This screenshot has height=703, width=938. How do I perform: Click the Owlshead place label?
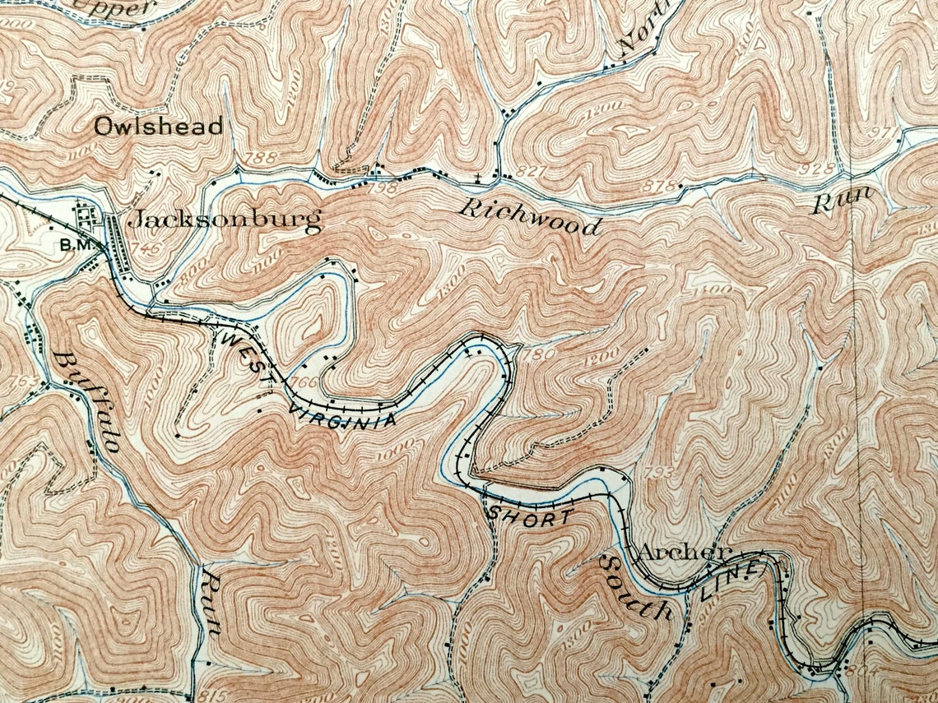tap(158, 127)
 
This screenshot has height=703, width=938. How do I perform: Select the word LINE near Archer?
tap(728, 584)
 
